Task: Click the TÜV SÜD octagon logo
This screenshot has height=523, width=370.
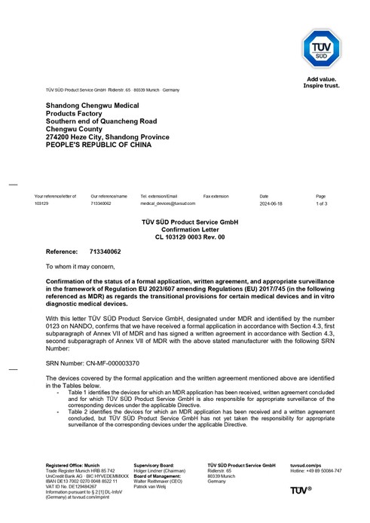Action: [x=321, y=50]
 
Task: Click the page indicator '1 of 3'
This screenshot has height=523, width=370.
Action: [x=321, y=203]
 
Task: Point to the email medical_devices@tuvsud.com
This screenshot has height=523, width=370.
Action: [x=168, y=203]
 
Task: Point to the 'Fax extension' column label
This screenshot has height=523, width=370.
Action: [x=216, y=196]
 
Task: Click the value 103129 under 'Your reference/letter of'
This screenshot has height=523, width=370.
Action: [x=41, y=203]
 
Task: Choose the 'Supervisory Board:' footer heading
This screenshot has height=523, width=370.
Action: [x=154, y=465]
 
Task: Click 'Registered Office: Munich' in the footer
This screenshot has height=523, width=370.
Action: [x=73, y=465]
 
